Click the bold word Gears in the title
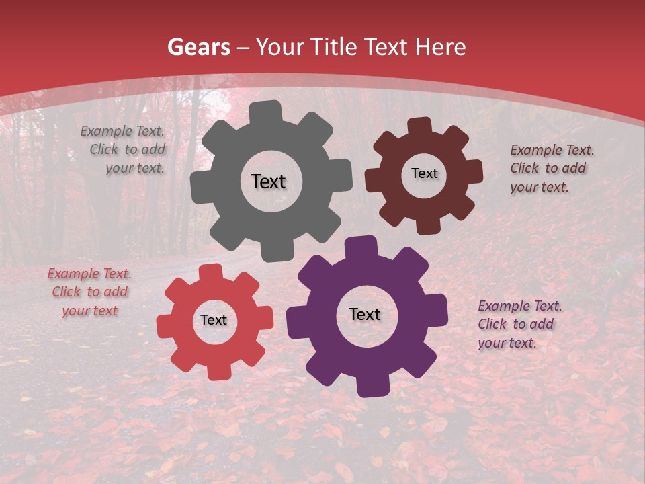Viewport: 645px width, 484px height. tap(199, 47)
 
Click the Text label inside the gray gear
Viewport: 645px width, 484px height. tap(268, 182)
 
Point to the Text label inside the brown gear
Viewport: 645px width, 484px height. tap(424, 173)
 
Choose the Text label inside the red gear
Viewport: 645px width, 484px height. tap(214, 320)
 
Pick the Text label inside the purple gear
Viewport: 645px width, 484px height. tap(365, 314)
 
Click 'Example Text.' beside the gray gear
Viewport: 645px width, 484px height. tap(122, 132)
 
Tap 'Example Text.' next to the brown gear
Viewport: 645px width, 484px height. tap(552, 150)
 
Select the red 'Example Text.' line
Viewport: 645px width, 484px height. tap(89, 274)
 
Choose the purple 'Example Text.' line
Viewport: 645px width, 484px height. tap(520, 306)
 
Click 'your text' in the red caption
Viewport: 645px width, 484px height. tap(90, 311)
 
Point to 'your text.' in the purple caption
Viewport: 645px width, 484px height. tap(507, 343)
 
